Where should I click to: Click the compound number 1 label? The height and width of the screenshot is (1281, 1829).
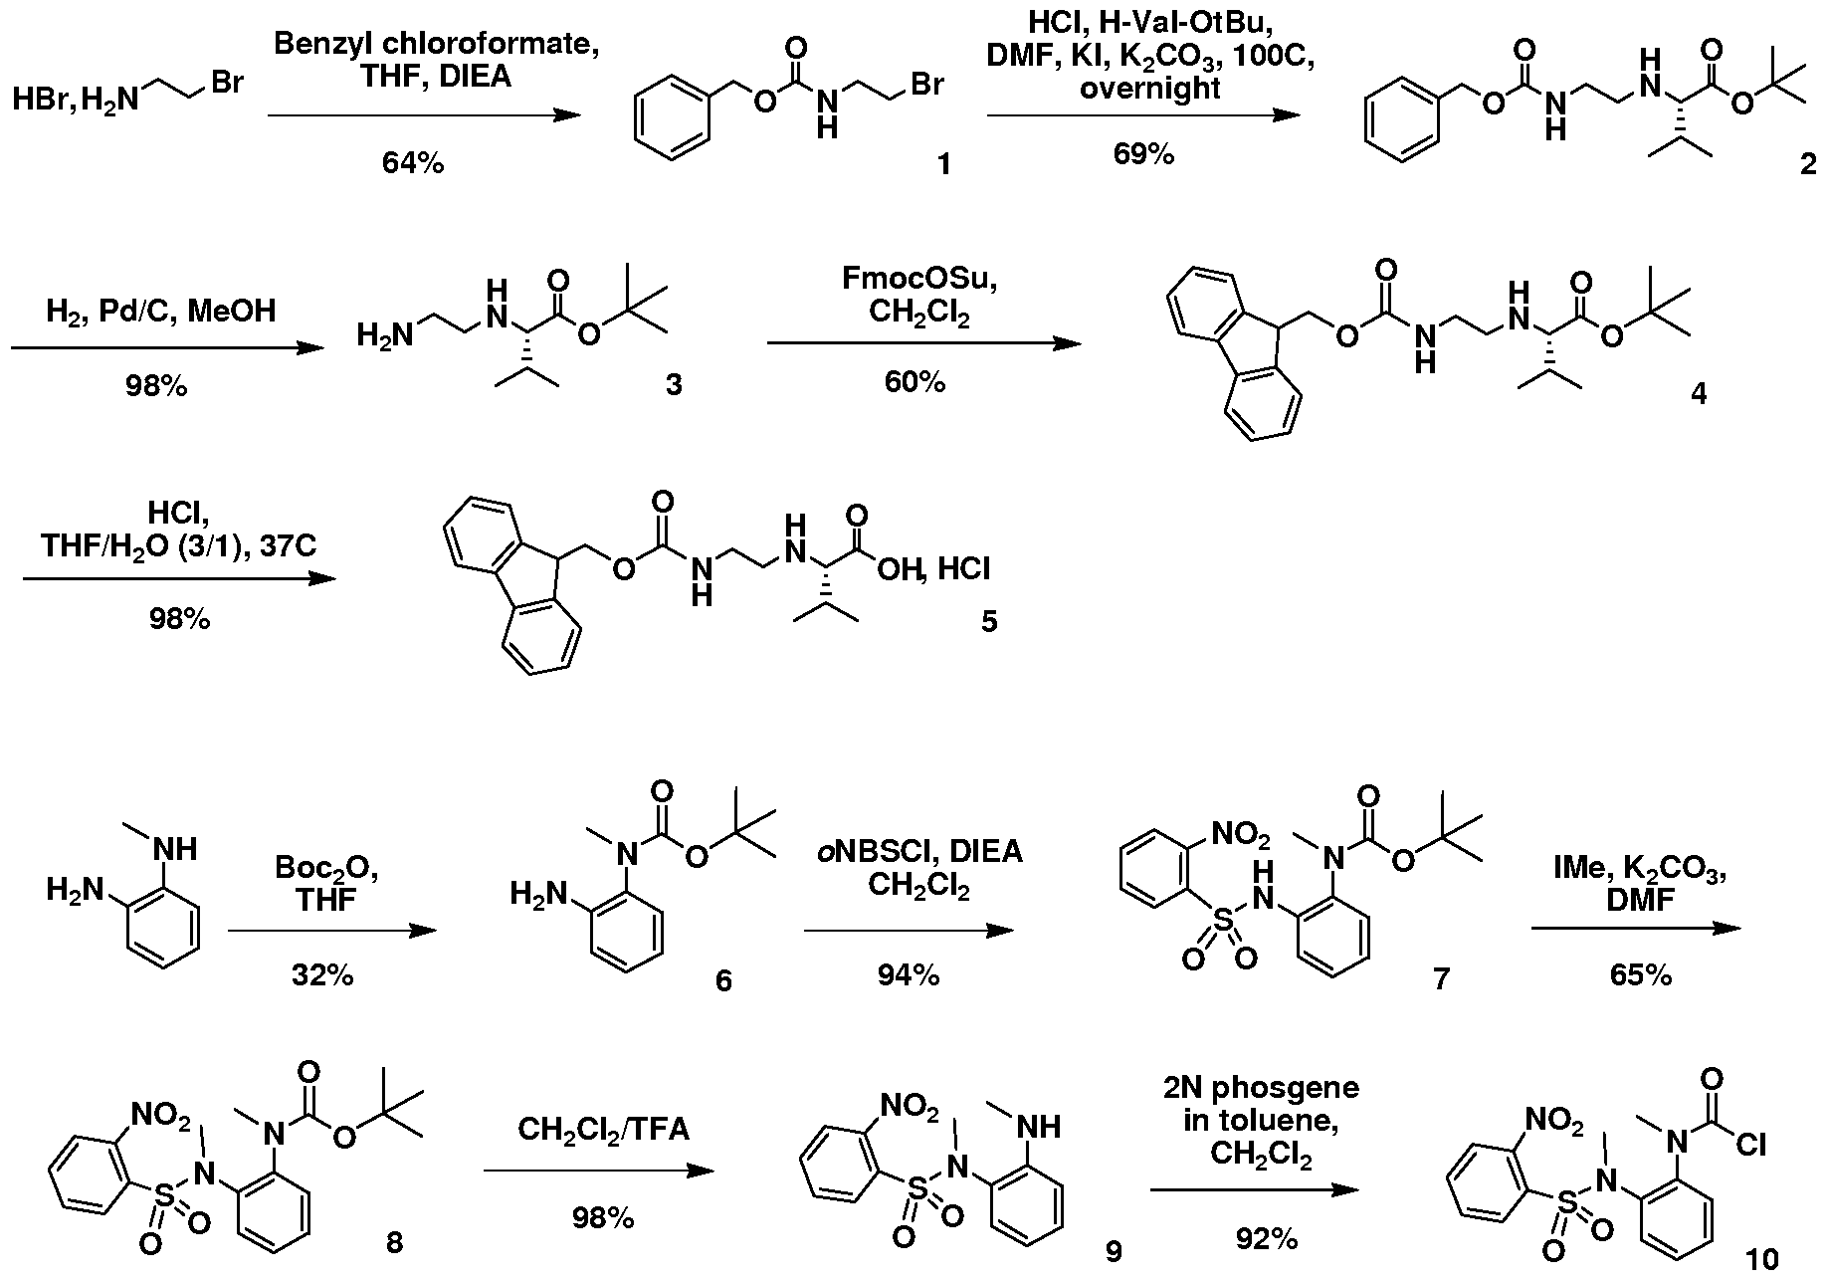(x=943, y=163)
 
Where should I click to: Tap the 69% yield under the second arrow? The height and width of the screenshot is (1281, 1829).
(x=1143, y=154)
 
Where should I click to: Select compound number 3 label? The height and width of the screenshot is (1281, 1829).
(x=674, y=384)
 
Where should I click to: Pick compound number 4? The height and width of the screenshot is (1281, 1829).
(x=1698, y=394)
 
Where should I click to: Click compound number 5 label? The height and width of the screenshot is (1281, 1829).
(x=989, y=622)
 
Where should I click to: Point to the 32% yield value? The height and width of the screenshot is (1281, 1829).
(x=322, y=975)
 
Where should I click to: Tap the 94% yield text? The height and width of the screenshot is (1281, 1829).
(x=909, y=975)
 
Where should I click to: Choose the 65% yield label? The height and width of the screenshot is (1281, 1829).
(x=1641, y=975)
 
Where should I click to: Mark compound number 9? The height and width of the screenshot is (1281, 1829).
(x=1114, y=1250)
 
